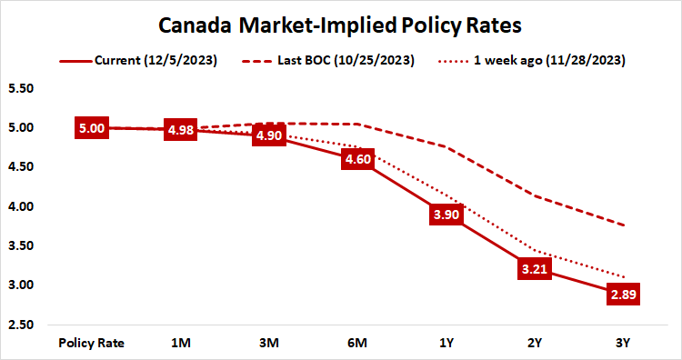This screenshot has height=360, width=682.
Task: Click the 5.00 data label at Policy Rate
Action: coord(91,128)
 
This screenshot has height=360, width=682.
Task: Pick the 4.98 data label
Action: coord(179,130)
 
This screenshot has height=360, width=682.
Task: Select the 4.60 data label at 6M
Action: coord(356,159)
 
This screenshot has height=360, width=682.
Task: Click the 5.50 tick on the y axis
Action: coord(20,89)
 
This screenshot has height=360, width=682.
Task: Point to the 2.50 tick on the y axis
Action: coord(20,325)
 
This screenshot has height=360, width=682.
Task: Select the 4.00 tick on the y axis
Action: coord(20,206)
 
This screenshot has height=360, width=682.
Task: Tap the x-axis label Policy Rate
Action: coord(91,343)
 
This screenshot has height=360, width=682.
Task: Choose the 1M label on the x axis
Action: coord(179,343)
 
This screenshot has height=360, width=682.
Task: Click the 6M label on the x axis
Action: coord(356,343)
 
